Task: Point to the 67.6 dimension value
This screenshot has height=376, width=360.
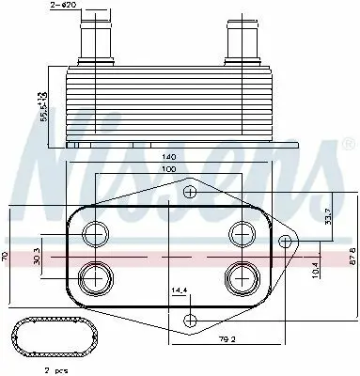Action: pos(349,256)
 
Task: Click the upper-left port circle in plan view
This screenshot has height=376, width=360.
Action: pos(97,232)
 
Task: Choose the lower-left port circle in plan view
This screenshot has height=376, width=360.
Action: pos(97,277)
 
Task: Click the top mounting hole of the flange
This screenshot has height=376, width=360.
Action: pos(190,193)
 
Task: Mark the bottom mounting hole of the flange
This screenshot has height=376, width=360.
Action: pos(190,318)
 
